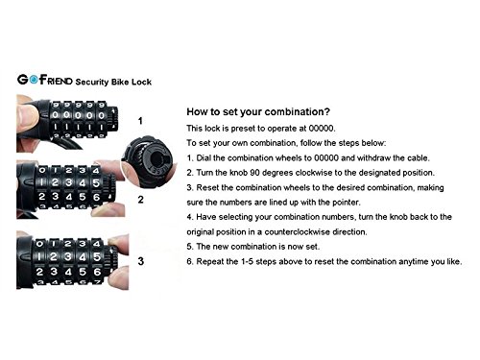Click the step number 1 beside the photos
coord(141,122)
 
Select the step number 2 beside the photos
coord(140,200)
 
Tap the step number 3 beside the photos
coord(140,259)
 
